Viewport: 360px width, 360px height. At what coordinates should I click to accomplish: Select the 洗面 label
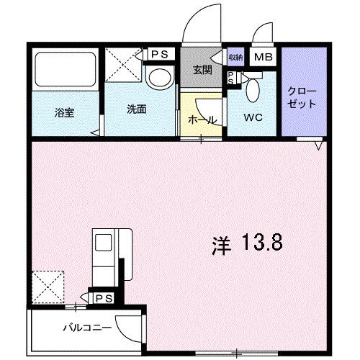[137, 110]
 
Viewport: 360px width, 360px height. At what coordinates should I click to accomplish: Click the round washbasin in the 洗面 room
[158, 77]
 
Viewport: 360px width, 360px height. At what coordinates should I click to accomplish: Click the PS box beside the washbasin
[159, 54]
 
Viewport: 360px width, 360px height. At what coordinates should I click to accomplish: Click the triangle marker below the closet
[318, 145]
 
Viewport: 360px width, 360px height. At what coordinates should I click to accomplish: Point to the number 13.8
[261, 244]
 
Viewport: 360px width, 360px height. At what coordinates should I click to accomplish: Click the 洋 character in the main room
[220, 245]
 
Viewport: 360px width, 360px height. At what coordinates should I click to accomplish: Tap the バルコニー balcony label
[86, 328]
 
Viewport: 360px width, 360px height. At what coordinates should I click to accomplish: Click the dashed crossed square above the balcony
[48, 287]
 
